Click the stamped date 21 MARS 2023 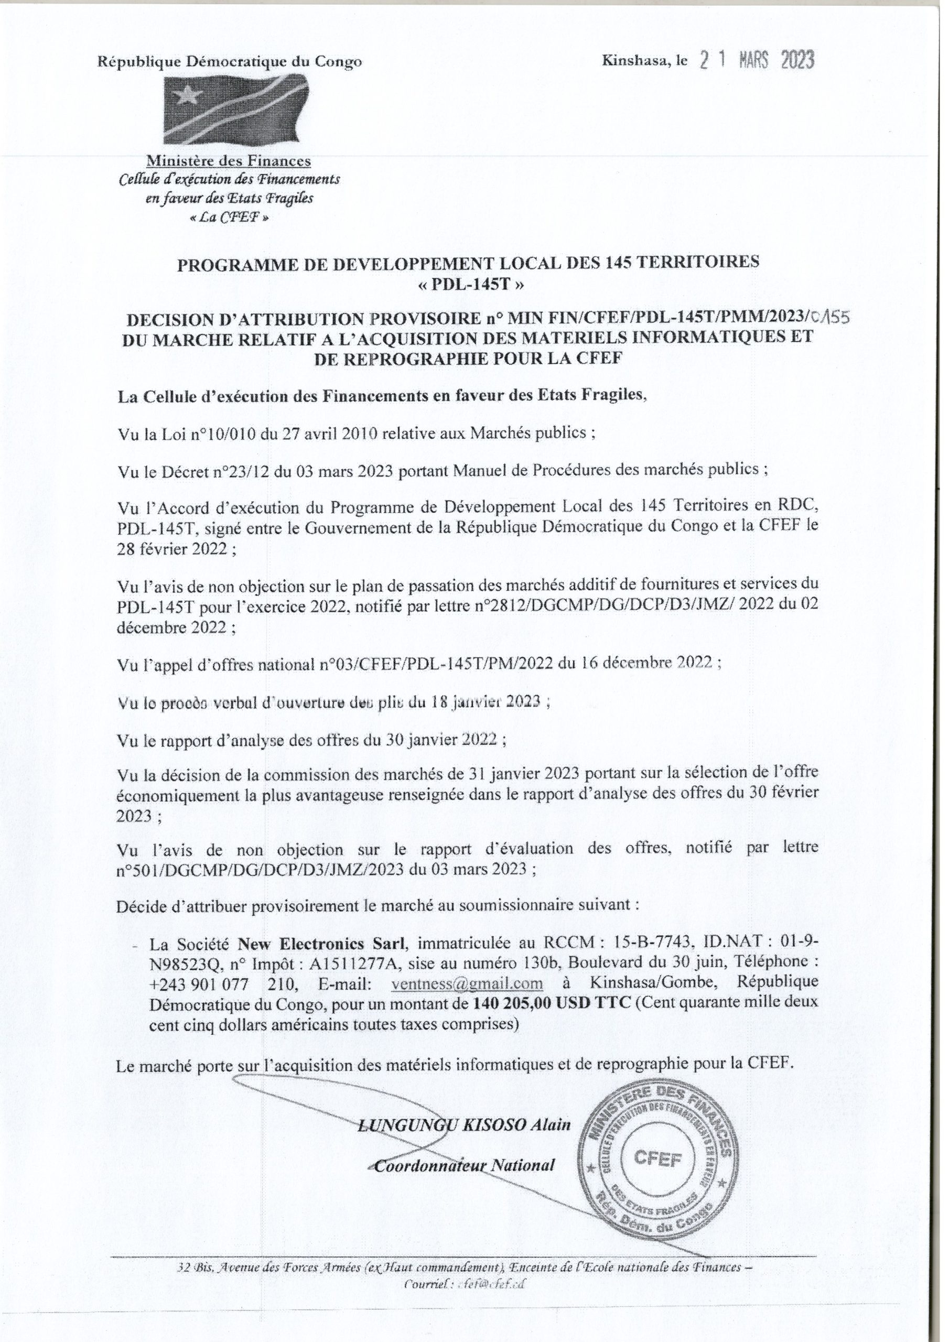click(x=757, y=61)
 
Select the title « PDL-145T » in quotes click(x=468, y=285)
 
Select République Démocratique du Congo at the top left click(x=229, y=61)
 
